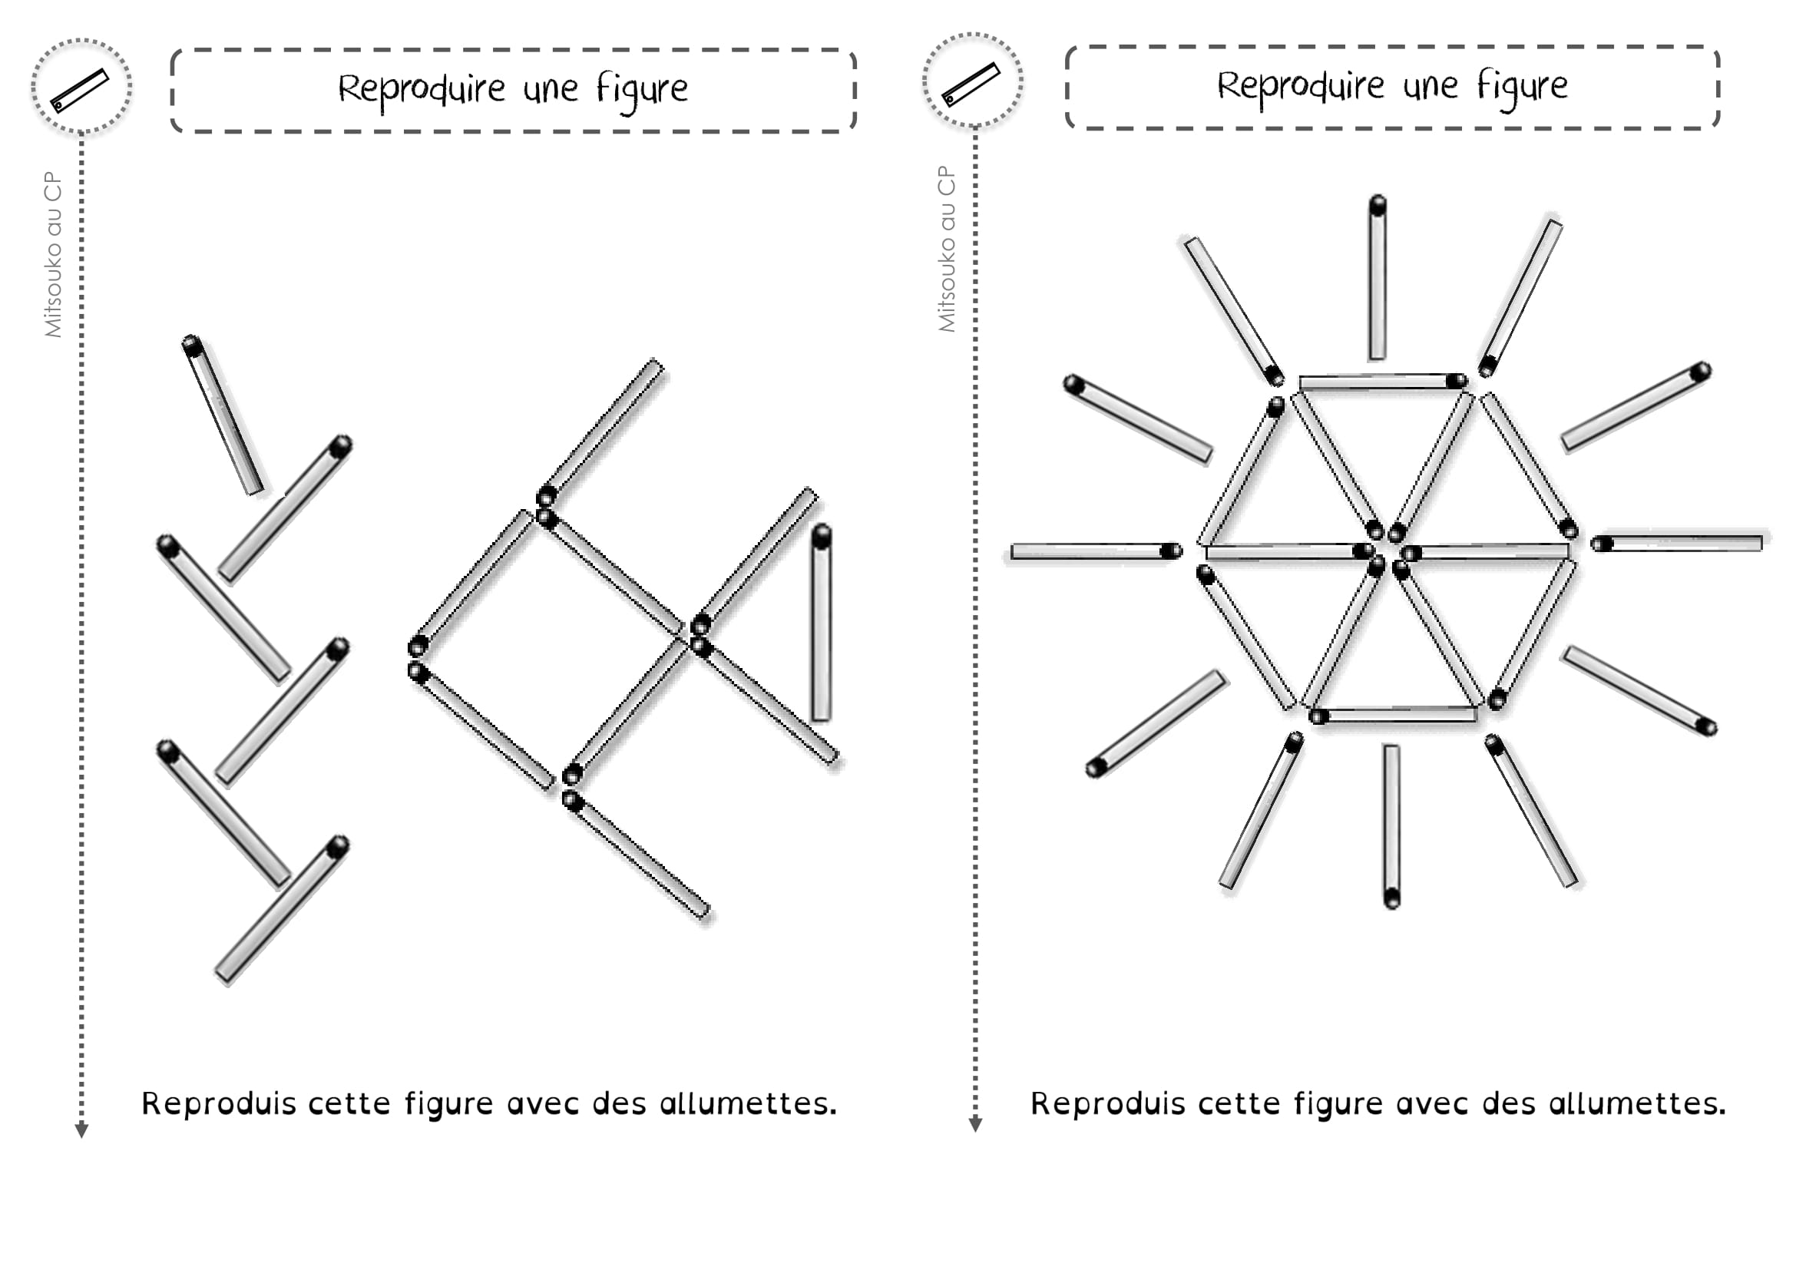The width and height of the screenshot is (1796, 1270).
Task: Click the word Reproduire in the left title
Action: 422,90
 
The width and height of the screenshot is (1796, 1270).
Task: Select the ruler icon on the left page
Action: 81,88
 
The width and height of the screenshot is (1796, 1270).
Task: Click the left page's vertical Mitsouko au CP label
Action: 53,254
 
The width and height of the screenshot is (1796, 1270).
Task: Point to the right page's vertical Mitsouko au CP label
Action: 947,249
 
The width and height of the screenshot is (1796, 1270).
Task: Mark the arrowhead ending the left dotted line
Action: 81,1130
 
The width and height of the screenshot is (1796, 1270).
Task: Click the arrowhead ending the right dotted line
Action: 975,1125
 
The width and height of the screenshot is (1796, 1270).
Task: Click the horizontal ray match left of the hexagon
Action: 1096,551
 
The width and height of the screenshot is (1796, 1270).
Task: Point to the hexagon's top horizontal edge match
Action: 1383,382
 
